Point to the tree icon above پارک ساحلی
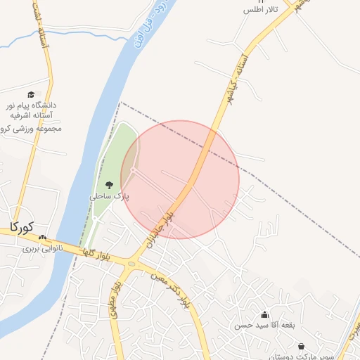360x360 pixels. pyautogui.click(x=108, y=185)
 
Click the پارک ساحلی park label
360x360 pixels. pyautogui.click(x=109, y=197)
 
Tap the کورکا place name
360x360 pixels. pyautogui.click(x=21, y=227)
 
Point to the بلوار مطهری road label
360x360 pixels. pyautogui.click(x=115, y=301)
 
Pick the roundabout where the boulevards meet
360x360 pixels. pyautogui.click(x=131, y=264)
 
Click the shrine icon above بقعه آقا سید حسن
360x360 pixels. pyautogui.click(x=264, y=315)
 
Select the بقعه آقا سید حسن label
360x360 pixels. pyautogui.click(x=262, y=327)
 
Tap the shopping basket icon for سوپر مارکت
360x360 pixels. pyautogui.click(x=302, y=347)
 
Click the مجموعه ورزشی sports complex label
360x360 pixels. pyautogui.click(x=34, y=128)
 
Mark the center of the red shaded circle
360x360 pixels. pyautogui.click(x=180, y=179)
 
